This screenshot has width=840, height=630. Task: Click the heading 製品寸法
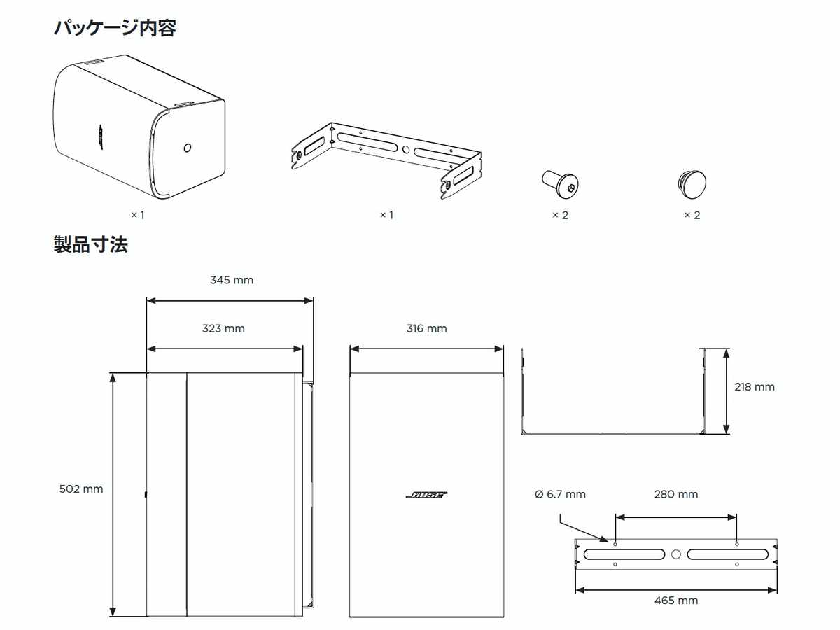click(x=91, y=245)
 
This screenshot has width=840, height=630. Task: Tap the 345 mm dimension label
click(x=232, y=280)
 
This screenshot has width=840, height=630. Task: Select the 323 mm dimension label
click(x=223, y=328)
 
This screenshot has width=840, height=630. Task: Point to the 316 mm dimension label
click(x=426, y=328)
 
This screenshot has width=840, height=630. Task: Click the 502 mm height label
click(x=81, y=489)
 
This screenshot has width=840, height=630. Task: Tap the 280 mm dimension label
click(x=676, y=494)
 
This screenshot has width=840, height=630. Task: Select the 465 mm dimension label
click(x=676, y=601)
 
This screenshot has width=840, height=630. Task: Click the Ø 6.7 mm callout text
click(x=560, y=494)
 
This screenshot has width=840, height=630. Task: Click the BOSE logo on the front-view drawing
click(x=426, y=495)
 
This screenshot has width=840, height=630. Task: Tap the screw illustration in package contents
click(x=561, y=183)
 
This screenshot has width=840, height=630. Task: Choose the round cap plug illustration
click(x=692, y=183)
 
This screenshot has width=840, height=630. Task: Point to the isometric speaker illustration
click(x=139, y=126)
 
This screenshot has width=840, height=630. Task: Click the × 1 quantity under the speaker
click(x=137, y=215)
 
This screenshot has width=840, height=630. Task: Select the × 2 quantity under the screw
click(x=560, y=215)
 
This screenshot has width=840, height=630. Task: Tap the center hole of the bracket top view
click(x=675, y=554)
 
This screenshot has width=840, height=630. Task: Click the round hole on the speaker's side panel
click(x=187, y=148)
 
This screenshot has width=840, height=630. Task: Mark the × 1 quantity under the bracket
click(x=386, y=215)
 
